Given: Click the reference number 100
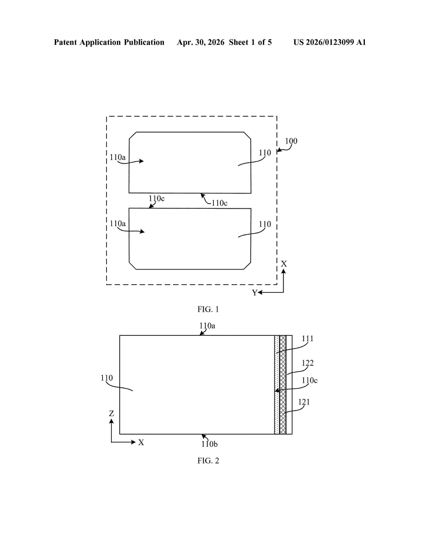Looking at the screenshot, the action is [291, 141].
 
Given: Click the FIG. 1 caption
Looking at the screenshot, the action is [208, 309].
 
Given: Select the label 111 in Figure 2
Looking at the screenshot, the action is [308, 339].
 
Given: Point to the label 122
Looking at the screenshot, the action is [308, 363].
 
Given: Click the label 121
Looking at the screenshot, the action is [304, 402].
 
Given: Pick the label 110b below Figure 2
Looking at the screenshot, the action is [209, 444].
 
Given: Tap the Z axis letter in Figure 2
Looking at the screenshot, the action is [111, 413].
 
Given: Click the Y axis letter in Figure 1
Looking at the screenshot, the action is [254, 293].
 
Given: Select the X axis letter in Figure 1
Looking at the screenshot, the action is [284, 264].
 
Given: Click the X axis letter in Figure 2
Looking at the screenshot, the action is [141, 442].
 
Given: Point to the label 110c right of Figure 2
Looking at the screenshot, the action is [310, 380].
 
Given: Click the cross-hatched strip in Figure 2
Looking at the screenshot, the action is [283, 385].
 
